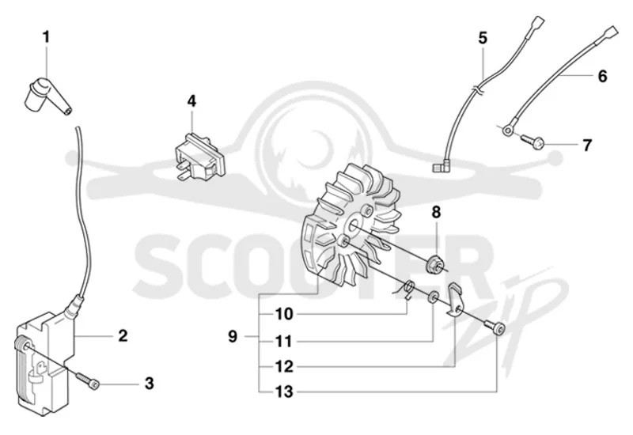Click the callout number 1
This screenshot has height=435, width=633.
(x=47, y=37)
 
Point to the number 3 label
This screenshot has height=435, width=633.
(x=150, y=383)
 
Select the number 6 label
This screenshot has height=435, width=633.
(x=602, y=76)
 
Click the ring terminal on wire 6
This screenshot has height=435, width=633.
(x=508, y=130)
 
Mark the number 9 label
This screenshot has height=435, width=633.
(x=233, y=336)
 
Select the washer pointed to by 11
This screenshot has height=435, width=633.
(x=433, y=297)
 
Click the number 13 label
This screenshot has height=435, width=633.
(x=284, y=391)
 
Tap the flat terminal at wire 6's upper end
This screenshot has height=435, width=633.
(x=610, y=31)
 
